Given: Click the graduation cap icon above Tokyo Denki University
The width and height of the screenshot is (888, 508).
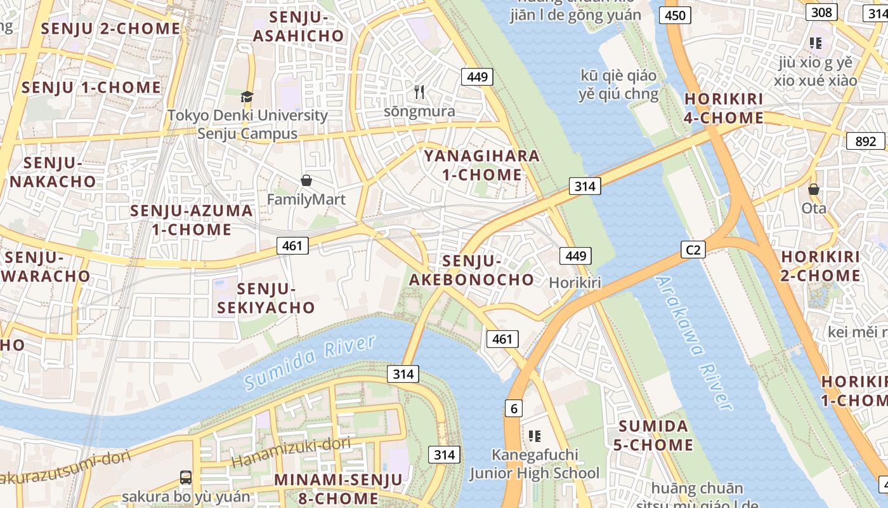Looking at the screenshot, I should pos(247,97).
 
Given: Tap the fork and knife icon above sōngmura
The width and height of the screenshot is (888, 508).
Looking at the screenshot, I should pos(419,92).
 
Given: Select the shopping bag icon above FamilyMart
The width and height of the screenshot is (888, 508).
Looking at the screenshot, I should pos(306,181).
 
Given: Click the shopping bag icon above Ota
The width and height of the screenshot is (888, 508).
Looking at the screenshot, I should pos(813,189).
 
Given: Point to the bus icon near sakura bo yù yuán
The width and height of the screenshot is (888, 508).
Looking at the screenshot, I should pos(185,477).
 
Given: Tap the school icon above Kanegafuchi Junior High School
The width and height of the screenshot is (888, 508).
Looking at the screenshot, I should pos(534,436).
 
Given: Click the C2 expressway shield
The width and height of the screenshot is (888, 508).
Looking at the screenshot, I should pos(693,250).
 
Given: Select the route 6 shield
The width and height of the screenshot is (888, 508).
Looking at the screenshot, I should pos(513,408).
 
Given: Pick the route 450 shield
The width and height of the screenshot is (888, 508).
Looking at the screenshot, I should pos(675,15).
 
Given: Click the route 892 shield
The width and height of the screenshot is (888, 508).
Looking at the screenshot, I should pos(865,141).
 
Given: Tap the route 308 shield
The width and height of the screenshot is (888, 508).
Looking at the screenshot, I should pos(821,12).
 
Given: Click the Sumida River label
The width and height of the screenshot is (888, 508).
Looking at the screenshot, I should pos(310,363).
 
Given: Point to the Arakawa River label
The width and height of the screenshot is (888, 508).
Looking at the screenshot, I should pos(695,343).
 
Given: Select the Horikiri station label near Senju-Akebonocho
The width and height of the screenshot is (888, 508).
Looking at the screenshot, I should pos(575,283).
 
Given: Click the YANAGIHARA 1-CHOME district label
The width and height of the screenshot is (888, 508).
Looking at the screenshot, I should pos(481,165).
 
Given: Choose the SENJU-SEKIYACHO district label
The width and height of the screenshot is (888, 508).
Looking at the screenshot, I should pos(266,298).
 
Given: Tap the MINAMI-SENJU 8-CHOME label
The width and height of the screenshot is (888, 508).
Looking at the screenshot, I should pos(338,488).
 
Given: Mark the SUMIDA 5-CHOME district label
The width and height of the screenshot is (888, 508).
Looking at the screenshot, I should pos(653,435).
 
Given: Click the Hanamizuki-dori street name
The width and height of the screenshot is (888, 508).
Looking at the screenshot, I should pos(291,453).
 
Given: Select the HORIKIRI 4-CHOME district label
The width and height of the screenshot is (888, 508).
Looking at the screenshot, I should pos(724,109).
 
